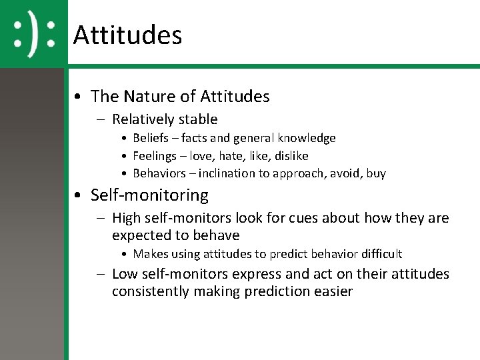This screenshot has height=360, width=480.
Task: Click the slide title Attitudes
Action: click(x=127, y=35)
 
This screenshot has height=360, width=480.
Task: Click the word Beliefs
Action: click(x=151, y=138)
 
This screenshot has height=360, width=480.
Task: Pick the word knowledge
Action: click(x=307, y=138)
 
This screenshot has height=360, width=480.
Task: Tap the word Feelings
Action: click(x=154, y=156)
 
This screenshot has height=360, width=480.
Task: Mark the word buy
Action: click(x=376, y=173)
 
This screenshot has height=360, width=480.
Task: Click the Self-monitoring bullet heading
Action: click(x=149, y=195)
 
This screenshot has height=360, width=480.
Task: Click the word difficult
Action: click(x=379, y=254)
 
